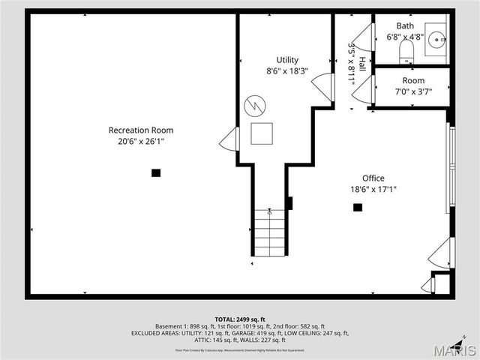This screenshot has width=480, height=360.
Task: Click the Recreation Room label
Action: click(141, 130)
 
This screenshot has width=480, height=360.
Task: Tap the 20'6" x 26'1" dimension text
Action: click(141, 141)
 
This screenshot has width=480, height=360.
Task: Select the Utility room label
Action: click(287, 60)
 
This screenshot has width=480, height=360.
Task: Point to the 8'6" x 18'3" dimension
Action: click(287, 71)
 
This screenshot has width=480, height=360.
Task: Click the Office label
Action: click(373, 178)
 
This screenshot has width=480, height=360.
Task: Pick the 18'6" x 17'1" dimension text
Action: click(373, 190)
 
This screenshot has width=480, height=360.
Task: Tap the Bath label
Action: click(405, 25)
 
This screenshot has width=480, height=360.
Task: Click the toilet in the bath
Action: click(406, 51)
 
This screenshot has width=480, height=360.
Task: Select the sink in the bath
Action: click(434, 43)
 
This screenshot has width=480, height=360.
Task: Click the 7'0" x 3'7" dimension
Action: click(413, 92)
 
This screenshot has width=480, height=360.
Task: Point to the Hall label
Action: click(362, 63)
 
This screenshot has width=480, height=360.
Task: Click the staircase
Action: click(269, 232)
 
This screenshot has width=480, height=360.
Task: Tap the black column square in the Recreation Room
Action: click(156, 172)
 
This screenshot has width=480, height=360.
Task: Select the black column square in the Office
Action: click(358, 207)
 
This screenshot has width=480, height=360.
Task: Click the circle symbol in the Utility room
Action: click(256, 103)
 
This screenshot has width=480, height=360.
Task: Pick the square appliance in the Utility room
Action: click(262, 133)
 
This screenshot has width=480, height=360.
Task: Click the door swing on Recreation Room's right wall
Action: click(230, 139)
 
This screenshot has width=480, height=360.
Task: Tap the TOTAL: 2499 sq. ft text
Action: click(240, 319)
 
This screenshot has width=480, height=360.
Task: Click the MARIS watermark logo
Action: click(456, 350)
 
